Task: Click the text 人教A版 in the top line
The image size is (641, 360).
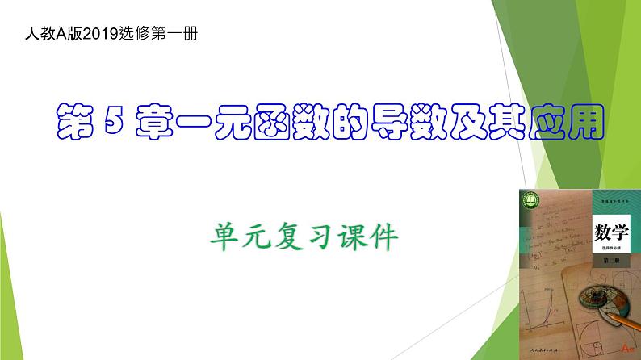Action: click(49, 35)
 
